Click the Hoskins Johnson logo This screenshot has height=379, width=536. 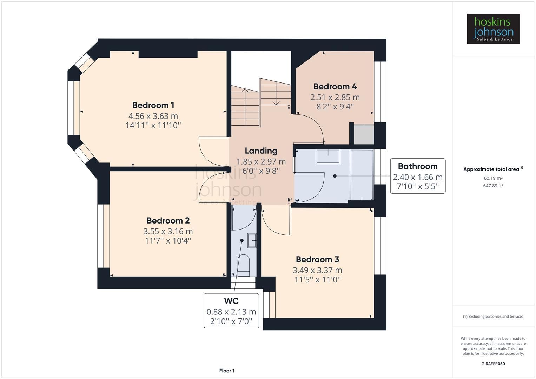click(493, 29)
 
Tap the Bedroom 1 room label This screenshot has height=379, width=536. click(153, 105)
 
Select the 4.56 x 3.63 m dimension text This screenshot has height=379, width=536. click(153, 116)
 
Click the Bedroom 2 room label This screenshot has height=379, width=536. click(168, 220)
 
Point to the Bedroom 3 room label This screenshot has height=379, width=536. click(317, 259)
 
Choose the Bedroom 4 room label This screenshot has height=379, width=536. click(335, 86)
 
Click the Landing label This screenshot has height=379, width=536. click(261, 151)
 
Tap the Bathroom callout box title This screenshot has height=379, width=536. click(417, 166)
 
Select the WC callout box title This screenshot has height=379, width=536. click(231, 301)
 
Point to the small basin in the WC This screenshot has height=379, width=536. click(252, 241)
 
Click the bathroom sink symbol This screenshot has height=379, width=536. click(328, 156)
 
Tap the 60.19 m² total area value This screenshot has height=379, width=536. click(493, 178)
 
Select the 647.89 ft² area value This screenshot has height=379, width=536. click(493, 186)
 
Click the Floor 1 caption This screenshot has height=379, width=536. click(227, 371)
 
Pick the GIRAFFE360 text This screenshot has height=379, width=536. click(493, 364)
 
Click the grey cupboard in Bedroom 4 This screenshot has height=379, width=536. click(364, 134)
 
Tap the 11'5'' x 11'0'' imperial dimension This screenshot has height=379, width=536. click(317, 280)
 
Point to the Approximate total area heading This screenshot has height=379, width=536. click(493, 169)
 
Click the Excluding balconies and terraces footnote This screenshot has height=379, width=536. click(493, 317)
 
